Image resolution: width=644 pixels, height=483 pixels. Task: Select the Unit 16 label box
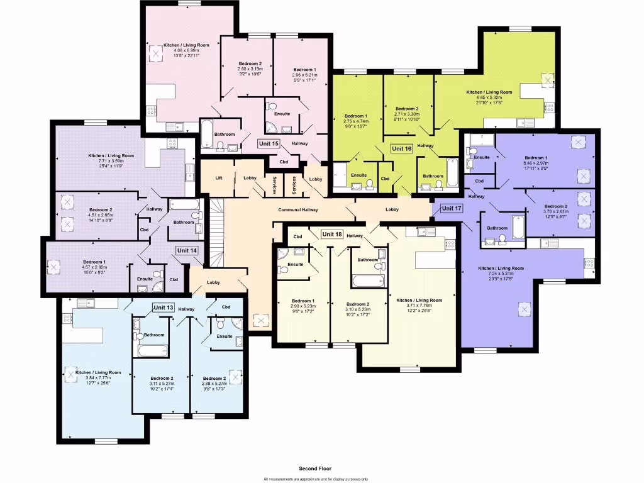click(401, 149)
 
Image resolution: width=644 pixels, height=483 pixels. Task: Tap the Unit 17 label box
click(452, 208)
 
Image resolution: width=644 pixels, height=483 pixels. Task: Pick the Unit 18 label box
click(331, 235)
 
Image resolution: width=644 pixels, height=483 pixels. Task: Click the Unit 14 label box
click(187, 250)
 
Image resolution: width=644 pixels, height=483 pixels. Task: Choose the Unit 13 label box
click(163, 307)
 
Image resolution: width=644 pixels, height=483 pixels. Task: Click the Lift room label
click(218, 178)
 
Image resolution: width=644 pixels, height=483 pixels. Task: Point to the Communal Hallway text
click(298, 210)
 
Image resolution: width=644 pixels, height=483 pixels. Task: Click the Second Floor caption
click(315, 469)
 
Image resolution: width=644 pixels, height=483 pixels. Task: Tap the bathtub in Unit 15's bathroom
click(208, 131)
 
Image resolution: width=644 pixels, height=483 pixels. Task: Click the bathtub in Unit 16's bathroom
click(453, 172)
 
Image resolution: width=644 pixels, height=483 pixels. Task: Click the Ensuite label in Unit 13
click(225, 336)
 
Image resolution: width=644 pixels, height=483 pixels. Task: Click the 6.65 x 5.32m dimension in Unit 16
click(489, 97)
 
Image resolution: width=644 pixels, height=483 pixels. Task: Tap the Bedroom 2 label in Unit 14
click(101, 209)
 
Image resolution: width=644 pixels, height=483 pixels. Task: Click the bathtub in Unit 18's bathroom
click(367, 280)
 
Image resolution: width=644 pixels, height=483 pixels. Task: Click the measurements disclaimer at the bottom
click(315, 479)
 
